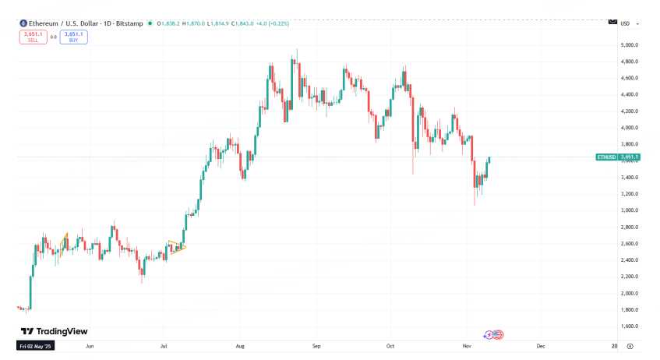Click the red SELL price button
[32, 36]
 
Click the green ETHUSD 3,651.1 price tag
[617, 157]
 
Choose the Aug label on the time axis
[240, 344]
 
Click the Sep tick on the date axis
[316, 344]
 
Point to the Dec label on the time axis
[540, 344]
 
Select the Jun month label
[90, 344]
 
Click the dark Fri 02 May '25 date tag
[35, 344]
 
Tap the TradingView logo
[55, 331]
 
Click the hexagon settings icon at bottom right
[630, 344]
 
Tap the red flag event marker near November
[498, 334]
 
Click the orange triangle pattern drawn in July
[178, 247]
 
